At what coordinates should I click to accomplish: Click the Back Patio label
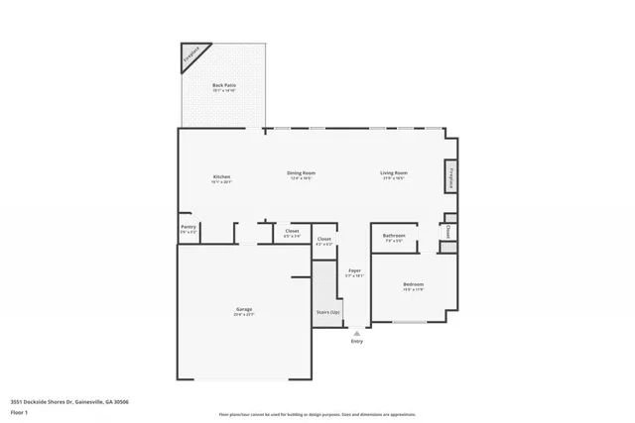(x=223, y=85)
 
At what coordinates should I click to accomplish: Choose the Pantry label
(x=189, y=227)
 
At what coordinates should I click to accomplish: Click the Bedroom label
(x=413, y=285)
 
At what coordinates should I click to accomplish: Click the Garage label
(x=243, y=311)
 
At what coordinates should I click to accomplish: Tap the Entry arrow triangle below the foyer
(x=356, y=334)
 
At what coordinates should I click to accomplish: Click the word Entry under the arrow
(x=356, y=342)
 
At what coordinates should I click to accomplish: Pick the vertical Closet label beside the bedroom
(x=448, y=231)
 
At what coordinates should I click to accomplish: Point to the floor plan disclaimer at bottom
(x=317, y=414)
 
